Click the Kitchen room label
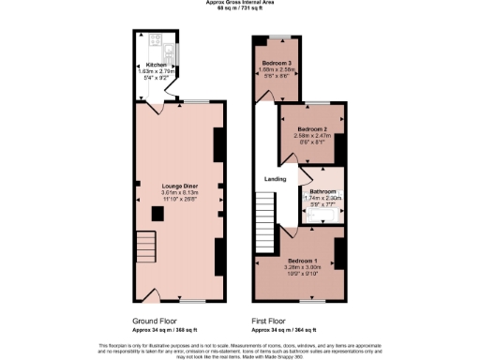click(x=156, y=65)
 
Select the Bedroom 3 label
click(x=277, y=62)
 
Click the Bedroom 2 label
click(x=311, y=128)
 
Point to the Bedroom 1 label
click(x=304, y=259)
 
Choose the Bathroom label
click(x=322, y=191)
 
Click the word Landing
click(x=275, y=178)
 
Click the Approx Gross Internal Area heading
click(x=239, y=3)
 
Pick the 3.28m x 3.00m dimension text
click(x=304, y=265)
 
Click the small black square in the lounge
click(x=157, y=215)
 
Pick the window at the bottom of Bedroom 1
click(x=312, y=302)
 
